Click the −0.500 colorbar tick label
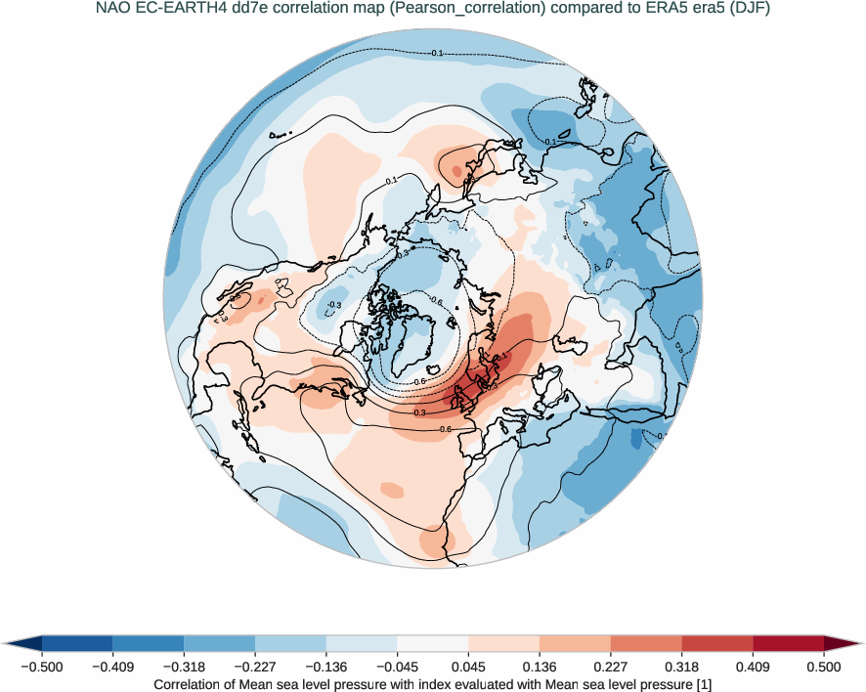coord(42,667)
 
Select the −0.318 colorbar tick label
coord(184,667)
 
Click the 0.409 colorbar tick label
coord(753,667)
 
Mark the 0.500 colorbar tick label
coord(824,667)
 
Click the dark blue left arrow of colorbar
coord(22,643)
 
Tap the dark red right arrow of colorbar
coord(844,643)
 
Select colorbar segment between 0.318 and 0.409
coord(717,643)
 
